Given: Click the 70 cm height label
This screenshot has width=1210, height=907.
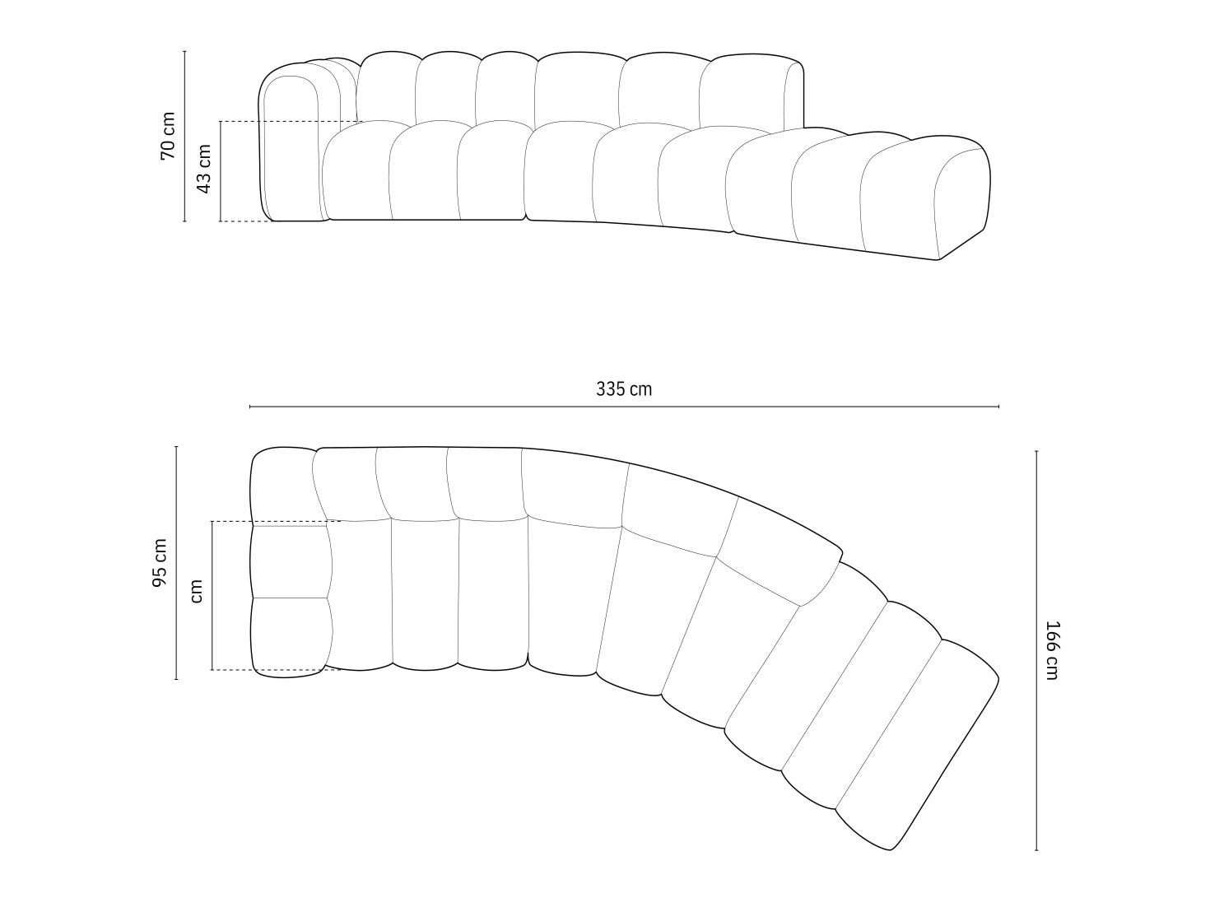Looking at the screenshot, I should point(168,135).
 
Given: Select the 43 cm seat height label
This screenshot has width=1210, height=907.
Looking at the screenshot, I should point(204,169).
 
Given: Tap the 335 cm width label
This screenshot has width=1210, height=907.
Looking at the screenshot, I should point(624,389).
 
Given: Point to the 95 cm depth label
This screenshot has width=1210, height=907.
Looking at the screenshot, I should point(160,563).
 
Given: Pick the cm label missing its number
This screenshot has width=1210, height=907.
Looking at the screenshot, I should point(196,590).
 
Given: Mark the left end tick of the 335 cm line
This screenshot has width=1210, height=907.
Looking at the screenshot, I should point(250,407).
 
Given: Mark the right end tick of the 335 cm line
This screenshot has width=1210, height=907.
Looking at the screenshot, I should point(998,407).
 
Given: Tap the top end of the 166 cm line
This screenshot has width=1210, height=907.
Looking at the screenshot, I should point(1036,451).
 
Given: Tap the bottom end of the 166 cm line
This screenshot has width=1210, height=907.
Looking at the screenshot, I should point(1036,849).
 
